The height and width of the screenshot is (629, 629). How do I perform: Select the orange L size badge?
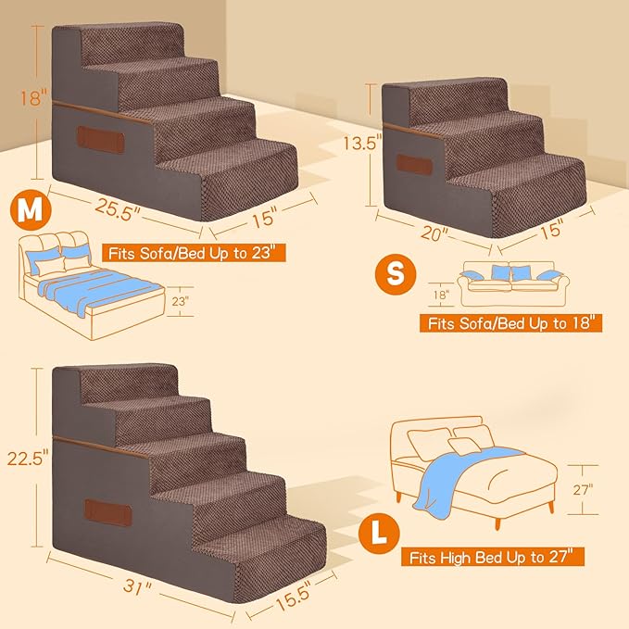(375, 533)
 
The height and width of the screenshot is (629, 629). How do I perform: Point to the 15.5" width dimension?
(295, 599)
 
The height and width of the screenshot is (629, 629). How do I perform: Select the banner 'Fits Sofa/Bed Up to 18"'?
(511, 324)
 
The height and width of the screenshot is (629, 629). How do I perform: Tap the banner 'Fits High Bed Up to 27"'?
(493, 558)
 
